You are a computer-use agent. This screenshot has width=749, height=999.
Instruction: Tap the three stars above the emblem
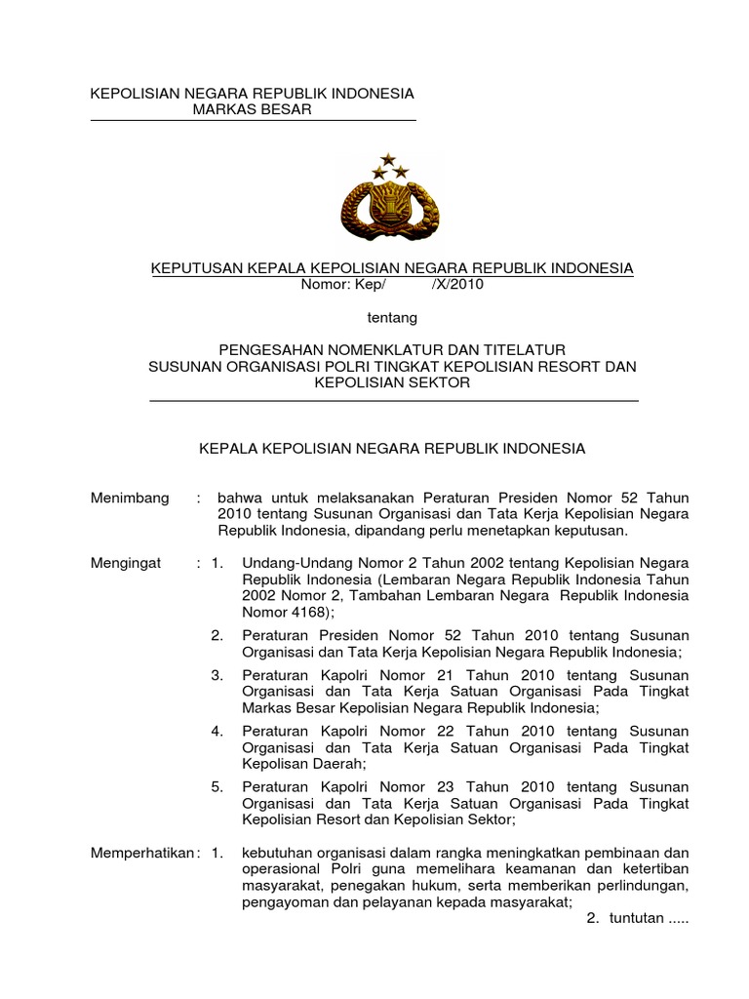tap(390, 166)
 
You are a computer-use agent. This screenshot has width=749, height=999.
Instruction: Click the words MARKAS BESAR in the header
tap(252, 109)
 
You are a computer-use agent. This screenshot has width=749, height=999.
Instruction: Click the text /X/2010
tap(455, 285)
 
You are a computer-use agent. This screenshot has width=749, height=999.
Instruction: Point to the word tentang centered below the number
tap(392, 317)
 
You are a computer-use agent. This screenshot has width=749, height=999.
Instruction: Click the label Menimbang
tap(130, 497)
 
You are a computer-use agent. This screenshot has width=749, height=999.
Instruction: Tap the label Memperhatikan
tap(141, 852)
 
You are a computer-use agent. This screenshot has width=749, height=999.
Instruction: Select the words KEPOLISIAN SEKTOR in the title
tap(392, 383)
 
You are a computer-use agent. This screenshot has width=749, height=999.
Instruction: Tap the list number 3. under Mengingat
tap(217, 675)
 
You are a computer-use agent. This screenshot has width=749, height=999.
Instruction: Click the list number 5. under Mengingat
tap(217, 786)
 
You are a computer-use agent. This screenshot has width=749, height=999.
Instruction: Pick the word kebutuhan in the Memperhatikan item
tap(276, 852)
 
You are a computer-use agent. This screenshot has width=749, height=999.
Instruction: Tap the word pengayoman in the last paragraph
tap(282, 902)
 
